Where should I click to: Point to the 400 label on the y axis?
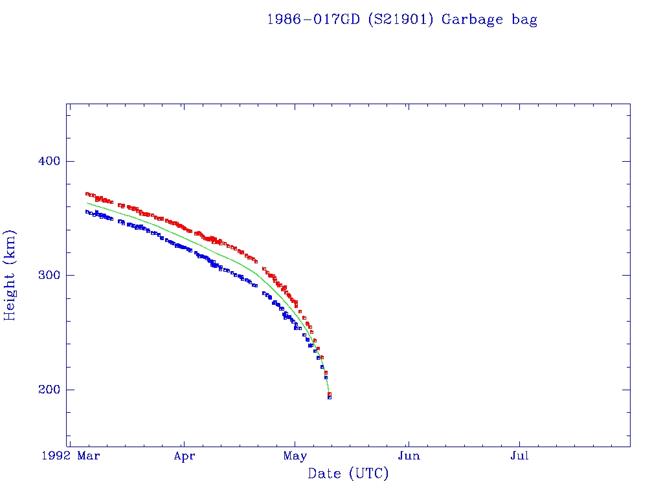point(47,161)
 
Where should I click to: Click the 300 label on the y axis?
point(47,275)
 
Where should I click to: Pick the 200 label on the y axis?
point(47,390)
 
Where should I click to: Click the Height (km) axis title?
point(10,275)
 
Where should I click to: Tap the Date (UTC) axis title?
point(348,474)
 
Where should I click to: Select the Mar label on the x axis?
point(89,456)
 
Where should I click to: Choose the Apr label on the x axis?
point(184,456)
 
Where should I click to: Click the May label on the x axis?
point(295,456)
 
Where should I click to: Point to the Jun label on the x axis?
point(409,456)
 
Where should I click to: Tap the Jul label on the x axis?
point(519,456)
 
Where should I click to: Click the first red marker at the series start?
point(87,193)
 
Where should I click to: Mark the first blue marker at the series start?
point(87,212)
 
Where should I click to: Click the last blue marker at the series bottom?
point(330,397)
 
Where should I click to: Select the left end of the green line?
point(87,203)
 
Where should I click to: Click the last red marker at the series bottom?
point(330,393)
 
